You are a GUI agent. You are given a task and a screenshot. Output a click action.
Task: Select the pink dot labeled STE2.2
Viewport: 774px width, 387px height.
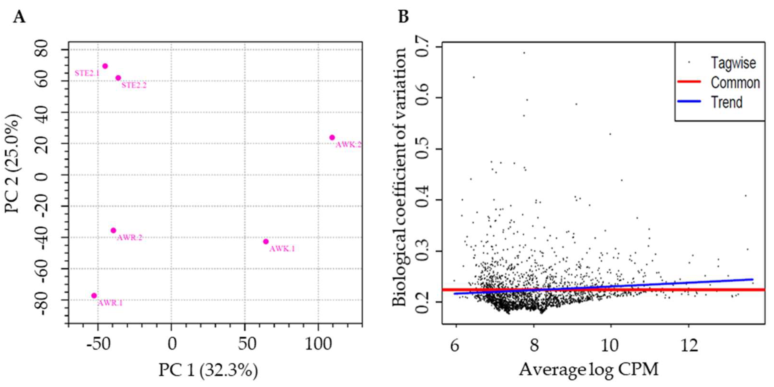point(118,78)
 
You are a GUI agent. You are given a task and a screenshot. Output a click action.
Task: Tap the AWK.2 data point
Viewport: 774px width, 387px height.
point(332,137)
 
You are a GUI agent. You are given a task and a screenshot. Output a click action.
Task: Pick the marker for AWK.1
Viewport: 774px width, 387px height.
point(266,241)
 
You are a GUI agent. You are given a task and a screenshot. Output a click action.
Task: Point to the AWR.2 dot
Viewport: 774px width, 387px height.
point(113,230)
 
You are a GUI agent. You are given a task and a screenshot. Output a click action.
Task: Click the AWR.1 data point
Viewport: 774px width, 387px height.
point(94,296)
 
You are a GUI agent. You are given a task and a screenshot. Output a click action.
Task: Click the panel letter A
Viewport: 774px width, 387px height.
point(19,17)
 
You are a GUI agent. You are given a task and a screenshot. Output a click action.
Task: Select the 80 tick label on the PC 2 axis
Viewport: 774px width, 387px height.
point(42,50)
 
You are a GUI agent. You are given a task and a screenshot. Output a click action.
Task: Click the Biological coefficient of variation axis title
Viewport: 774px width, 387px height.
point(400,177)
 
